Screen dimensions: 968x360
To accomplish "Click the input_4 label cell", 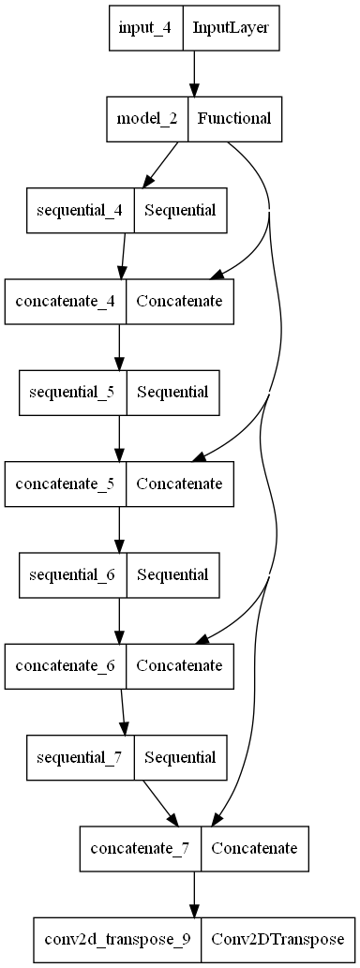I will coord(145,27).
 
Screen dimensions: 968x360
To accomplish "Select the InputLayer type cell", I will coord(231,27).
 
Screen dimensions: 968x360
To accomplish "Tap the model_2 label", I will coord(148,118).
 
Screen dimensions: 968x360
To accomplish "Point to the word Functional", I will coord(234,118).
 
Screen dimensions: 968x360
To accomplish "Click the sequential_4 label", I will coord(80,209).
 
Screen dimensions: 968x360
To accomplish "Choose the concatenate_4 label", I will coord(67,301).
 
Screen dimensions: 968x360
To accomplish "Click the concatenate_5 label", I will coord(67,484).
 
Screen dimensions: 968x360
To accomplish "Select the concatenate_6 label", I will coord(67,666).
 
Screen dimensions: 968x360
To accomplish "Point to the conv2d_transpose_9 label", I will coord(116,940).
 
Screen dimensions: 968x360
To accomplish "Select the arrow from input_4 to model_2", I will coord(194,72).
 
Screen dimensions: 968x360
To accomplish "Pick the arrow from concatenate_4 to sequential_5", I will coord(119,346).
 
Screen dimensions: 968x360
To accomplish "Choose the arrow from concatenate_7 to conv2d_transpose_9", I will coord(194,894).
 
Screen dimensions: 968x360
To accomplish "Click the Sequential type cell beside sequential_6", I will coord(172,574).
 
